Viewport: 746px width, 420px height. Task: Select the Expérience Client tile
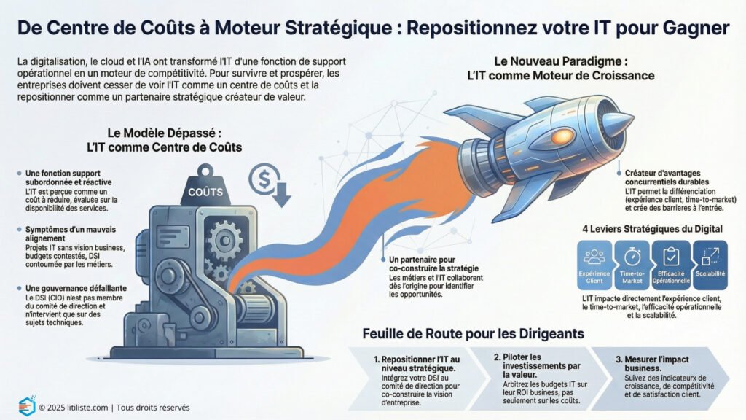(595, 265)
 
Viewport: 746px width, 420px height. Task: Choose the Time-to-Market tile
(632, 265)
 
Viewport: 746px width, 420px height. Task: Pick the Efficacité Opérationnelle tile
(670, 265)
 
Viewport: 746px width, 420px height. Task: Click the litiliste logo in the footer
(26, 407)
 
